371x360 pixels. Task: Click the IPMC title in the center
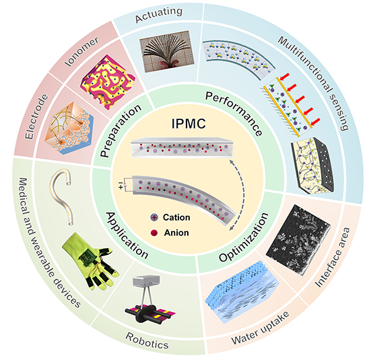[189, 123]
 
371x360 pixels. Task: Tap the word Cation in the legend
[176, 218]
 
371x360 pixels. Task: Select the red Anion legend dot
[154, 233]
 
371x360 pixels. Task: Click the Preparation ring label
[121, 130]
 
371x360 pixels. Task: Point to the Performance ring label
[234, 114]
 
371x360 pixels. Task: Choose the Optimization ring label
[244, 237]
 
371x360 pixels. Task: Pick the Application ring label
[127, 235]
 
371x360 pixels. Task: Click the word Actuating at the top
[159, 15]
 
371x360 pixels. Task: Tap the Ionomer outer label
[82, 52]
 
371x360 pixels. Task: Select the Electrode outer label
[36, 117]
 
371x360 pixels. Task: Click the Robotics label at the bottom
[147, 340]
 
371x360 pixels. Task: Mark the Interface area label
[333, 258]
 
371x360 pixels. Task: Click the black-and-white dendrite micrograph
[298, 240]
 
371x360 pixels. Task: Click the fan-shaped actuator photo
[167, 51]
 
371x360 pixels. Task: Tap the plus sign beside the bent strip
[121, 187]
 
